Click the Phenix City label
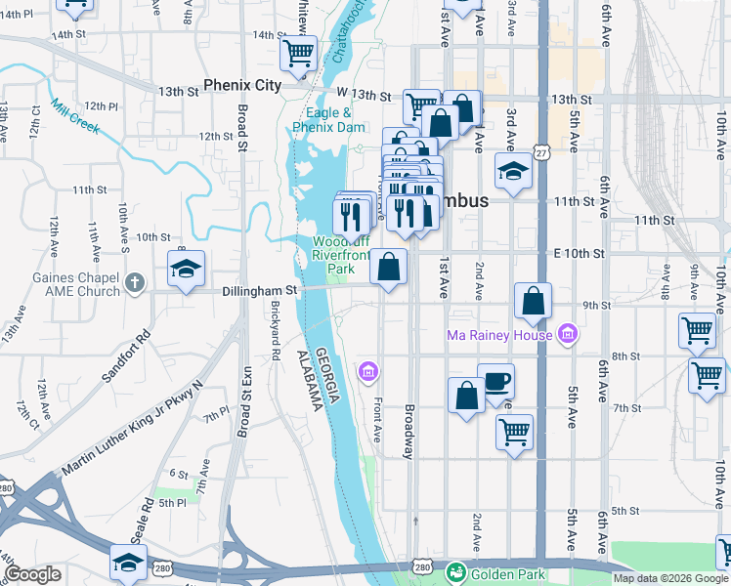pyautogui.click(x=242, y=85)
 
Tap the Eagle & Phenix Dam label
pyautogui.click(x=328, y=119)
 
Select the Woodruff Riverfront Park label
pyautogui.click(x=338, y=254)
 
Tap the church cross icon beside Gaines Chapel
pyautogui.click(x=135, y=283)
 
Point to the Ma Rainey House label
pyautogui.click(x=501, y=336)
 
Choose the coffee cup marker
pyautogui.click(x=495, y=381)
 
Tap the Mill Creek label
pyautogui.click(x=76, y=118)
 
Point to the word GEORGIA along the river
pyautogui.click(x=331, y=375)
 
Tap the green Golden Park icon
pyautogui.click(x=454, y=573)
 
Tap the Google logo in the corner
pyautogui.click(x=32, y=575)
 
